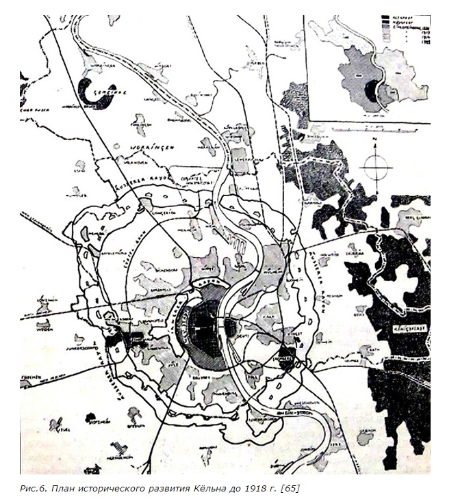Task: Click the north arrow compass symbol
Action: pos(376,165)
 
